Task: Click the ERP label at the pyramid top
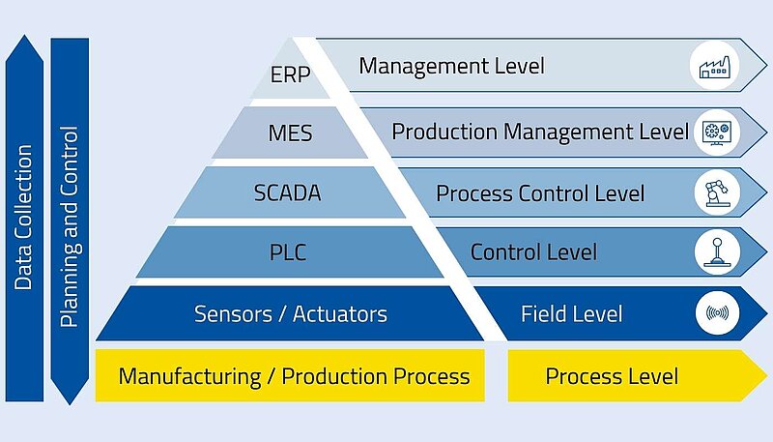pos(291,75)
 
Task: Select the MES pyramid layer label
pos(290,133)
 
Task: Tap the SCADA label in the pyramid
pos(287,192)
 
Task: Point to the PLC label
pos(288,252)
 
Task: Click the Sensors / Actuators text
pos(291,313)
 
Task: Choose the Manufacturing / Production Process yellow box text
pos(295,376)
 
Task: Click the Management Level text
pos(451,66)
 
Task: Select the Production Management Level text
pos(540,132)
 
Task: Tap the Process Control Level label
pos(540,192)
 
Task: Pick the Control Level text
pos(533,252)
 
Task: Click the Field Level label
pos(572,313)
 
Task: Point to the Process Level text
pos(612,376)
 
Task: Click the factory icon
pos(714,67)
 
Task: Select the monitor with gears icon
pos(716,133)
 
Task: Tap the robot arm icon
pos(716,192)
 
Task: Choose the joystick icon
pos(717,252)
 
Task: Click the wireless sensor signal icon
pos(717,312)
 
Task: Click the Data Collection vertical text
pos(23,217)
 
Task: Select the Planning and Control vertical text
pos(69,226)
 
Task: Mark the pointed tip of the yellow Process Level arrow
pos(766,376)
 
